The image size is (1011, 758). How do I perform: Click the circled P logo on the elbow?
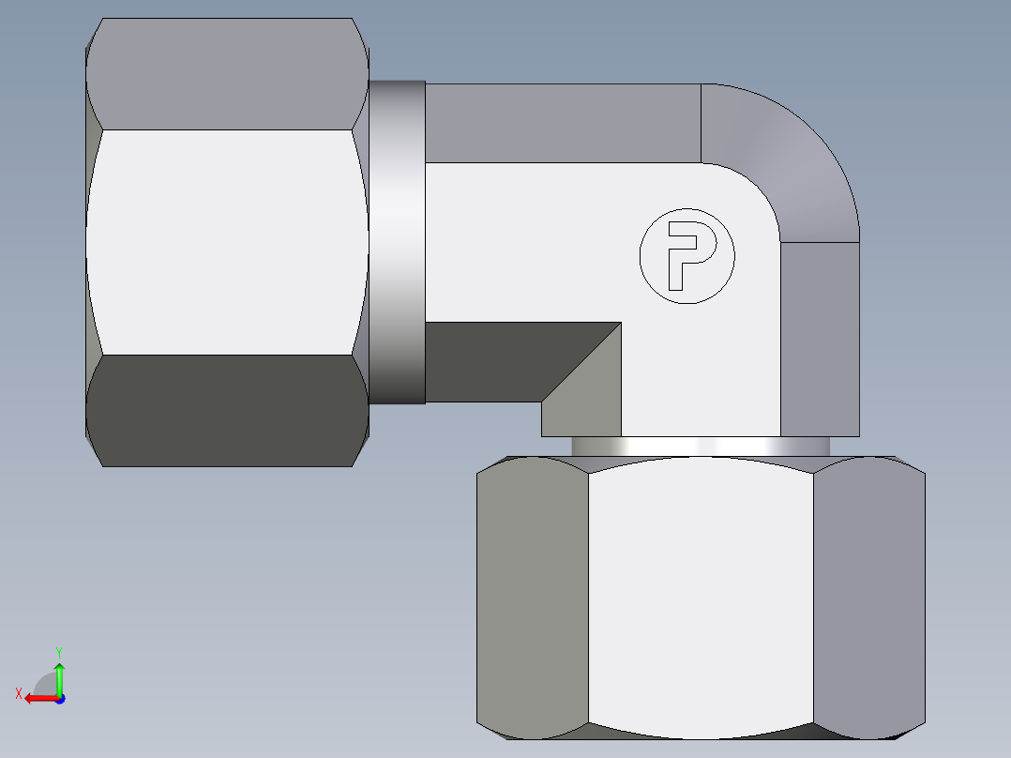[x=687, y=255]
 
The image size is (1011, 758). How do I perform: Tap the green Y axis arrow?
[x=59, y=675]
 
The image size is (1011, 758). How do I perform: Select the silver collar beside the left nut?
[x=397, y=242]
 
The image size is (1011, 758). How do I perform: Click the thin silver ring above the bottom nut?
[x=700, y=447]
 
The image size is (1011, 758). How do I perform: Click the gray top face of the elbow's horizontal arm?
[x=563, y=122]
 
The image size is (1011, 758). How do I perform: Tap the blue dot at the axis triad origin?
[x=59, y=699]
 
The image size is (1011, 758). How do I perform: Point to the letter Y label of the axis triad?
[x=58, y=651]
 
